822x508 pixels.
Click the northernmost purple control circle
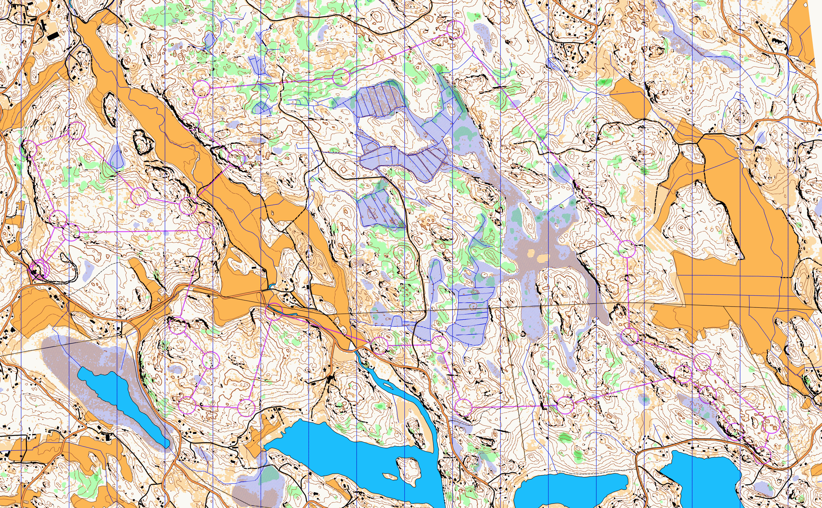click(456, 30)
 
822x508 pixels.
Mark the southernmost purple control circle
click(762, 456)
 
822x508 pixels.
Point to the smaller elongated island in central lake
click(390, 476)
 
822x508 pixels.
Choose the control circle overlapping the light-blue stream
click(274, 311)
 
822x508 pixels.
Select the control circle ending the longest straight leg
click(627, 249)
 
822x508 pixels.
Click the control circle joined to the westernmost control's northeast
click(76, 130)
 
